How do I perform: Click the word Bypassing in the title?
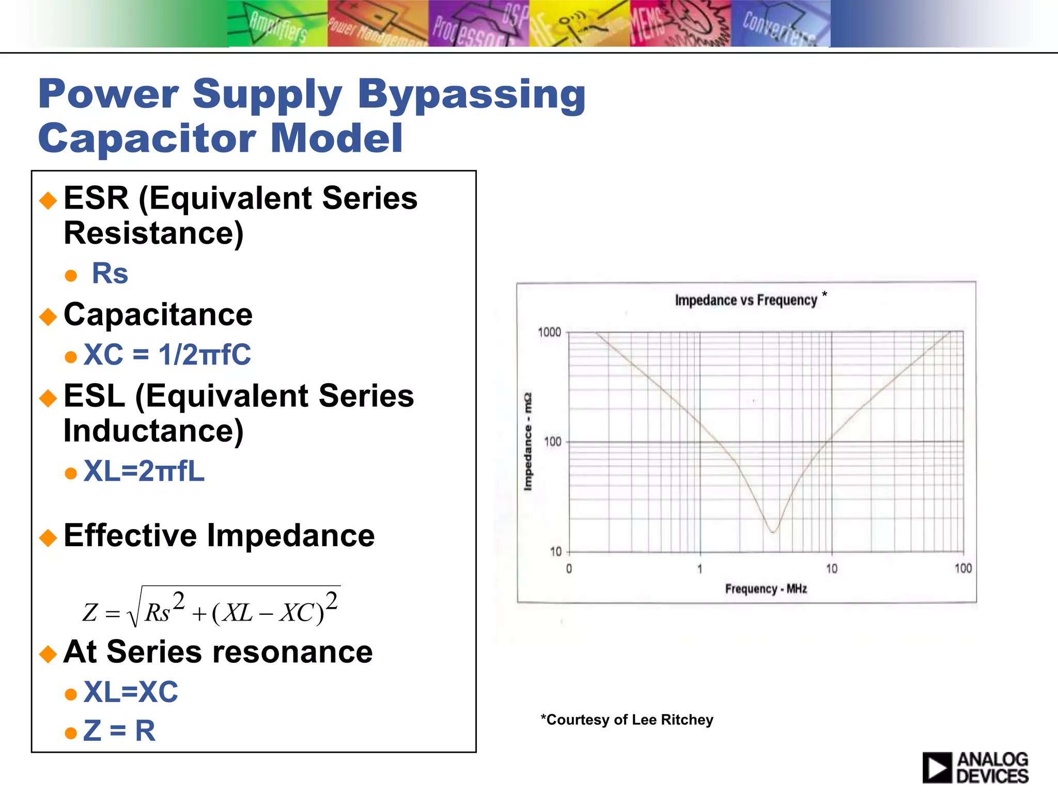(471, 96)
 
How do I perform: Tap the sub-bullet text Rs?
(110, 274)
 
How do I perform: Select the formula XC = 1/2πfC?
(167, 355)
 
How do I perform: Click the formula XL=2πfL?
(144, 471)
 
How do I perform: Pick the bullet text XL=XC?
(131, 692)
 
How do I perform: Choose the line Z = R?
(119, 731)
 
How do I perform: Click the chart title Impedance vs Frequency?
(745, 300)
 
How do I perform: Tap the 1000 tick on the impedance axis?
(549, 332)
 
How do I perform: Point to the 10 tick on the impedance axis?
(555, 552)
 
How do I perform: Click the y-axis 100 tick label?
(552, 442)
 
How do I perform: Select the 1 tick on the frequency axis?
(700, 569)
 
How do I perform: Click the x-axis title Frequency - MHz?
(766, 589)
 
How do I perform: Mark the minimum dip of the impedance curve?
(773, 531)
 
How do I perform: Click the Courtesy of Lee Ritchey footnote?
(627, 720)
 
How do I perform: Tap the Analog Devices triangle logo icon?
(937, 768)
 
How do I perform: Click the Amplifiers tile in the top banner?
(277, 24)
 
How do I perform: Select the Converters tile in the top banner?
(780, 24)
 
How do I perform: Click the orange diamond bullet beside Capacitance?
(48, 316)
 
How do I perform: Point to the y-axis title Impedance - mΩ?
(527, 442)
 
